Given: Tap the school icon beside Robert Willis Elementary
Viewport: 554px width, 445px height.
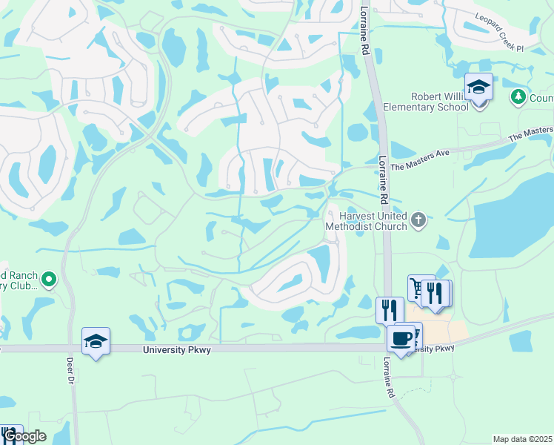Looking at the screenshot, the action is [x=478, y=88].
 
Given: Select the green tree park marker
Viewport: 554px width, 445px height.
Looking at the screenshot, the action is [x=518, y=96].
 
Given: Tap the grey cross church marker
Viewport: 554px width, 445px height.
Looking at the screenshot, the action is [x=418, y=220].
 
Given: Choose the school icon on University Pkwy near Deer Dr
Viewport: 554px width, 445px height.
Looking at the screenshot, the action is [x=96, y=341].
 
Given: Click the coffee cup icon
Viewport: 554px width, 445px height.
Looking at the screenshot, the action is [x=401, y=338].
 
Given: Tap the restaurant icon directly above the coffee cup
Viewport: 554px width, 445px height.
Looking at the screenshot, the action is [x=390, y=309].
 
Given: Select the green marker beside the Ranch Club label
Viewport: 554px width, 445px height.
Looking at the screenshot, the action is [x=50, y=280].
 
